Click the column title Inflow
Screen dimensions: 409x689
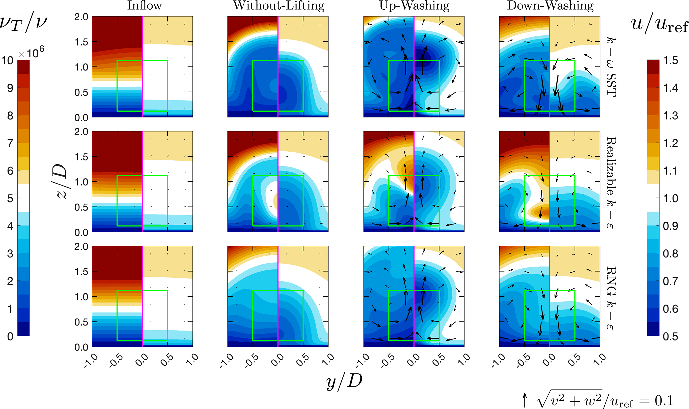pyautogui.click(x=144, y=6)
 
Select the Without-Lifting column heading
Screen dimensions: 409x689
pyautogui.click(x=279, y=6)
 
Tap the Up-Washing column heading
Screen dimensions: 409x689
pyautogui.click(x=414, y=6)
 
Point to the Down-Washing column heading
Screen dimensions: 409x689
pyautogui.click(x=550, y=6)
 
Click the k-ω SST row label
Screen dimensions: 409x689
pyautogui.click(x=611, y=67)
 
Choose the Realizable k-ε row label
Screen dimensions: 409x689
pyautogui.click(x=611, y=183)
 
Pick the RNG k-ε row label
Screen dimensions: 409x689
pyautogui.click(x=611, y=298)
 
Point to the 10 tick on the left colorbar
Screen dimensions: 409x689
pyautogui.click(x=7, y=61)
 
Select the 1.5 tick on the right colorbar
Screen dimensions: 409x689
pyautogui.click(x=670, y=61)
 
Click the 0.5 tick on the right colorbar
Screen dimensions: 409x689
pyautogui.click(x=670, y=336)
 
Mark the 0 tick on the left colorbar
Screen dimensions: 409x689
pyautogui.click(x=10, y=336)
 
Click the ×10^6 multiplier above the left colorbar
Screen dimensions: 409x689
pyautogui.click(x=31, y=53)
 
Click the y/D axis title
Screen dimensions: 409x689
pyautogui.click(x=344, y=381)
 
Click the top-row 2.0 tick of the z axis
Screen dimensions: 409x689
pyautogui.click(x=81, y=17)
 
